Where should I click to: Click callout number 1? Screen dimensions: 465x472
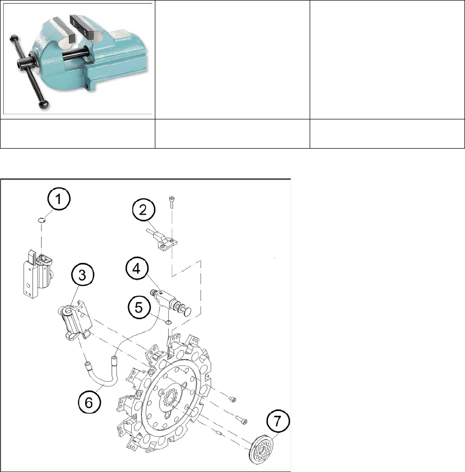[x=60, y=200]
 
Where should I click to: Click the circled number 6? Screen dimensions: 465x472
[x=88, y=403]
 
